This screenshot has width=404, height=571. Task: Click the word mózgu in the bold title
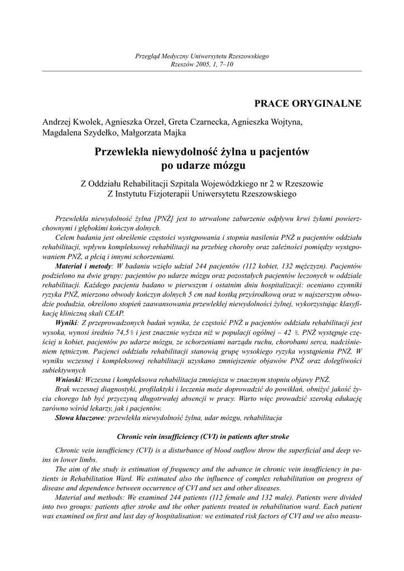(x=229, y=166)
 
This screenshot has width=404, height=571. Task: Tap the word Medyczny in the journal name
(x=175, y=57)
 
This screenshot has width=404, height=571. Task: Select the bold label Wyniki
(x=66, y=323)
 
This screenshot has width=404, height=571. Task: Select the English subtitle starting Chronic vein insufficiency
(x=202, y=437)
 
